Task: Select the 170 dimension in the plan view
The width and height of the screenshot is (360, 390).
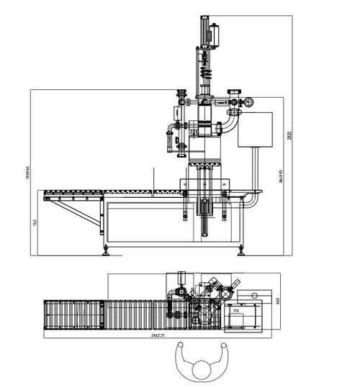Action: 235,311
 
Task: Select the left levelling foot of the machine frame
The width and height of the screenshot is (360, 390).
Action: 107,250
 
